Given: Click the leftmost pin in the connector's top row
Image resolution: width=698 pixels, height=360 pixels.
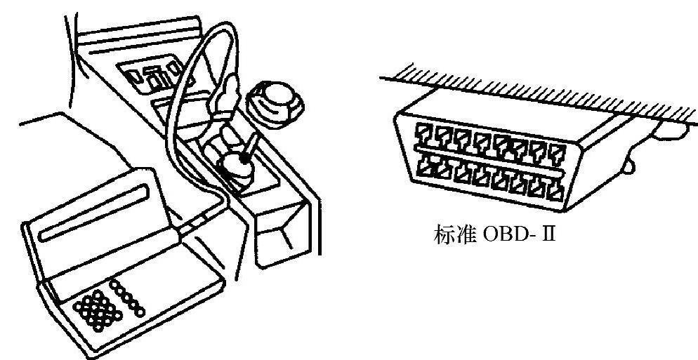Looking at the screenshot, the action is click(x=425, y=131).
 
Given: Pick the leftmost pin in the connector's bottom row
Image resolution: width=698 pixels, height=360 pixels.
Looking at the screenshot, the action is click(x=426, y=166).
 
